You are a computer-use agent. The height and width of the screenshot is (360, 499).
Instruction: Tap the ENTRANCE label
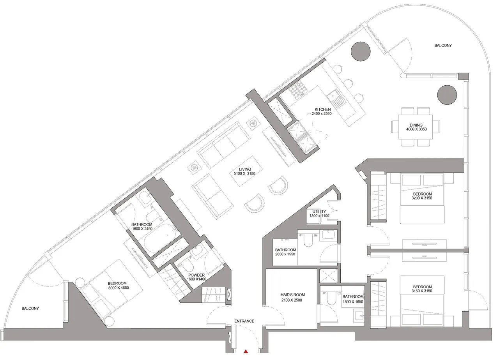pos(244,321)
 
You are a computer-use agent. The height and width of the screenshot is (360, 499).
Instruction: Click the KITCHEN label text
pos(323,109)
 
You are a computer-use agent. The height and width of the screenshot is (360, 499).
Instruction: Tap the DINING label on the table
pos(416,125)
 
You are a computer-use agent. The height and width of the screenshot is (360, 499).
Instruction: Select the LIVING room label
pos(245,169)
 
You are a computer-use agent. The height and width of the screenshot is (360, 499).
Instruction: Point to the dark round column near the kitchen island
pos(361,50)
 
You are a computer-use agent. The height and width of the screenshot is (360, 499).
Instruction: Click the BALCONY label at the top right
pos(443,46)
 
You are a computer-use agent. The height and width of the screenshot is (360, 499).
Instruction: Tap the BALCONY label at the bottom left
pos(30,309)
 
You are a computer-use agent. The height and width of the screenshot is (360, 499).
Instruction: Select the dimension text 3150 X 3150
pos(422,291)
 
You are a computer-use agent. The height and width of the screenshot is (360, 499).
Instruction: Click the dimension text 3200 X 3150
pos(422,198)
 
